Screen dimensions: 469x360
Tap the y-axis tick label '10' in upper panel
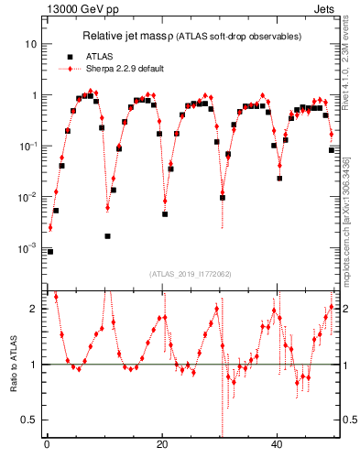coord(31,44)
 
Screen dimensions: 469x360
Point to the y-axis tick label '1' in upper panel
coord(34,95)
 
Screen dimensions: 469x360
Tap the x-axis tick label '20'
coord(162,445)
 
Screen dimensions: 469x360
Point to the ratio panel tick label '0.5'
coord(30,420)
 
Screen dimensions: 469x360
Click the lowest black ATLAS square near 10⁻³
coord(50,251)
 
